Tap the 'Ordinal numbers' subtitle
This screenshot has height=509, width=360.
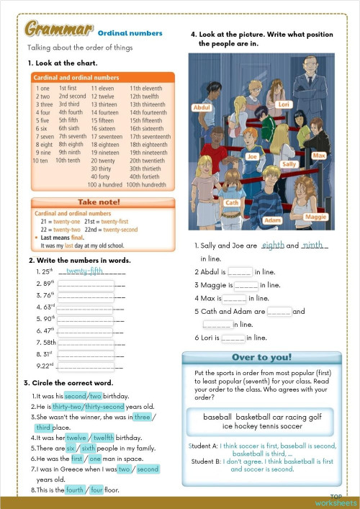(130, 33)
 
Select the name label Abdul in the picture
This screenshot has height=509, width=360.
(202, 107)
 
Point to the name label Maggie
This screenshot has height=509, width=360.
(315, 217)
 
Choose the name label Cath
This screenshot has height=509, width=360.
(231, 203)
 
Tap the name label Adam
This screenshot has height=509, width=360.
(272, 220)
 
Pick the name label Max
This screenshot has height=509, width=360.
(319, 156)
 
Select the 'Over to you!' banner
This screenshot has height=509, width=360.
(261, 357)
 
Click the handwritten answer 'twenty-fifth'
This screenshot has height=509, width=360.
(84, 271)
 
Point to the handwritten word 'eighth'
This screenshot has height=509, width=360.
(274, 246)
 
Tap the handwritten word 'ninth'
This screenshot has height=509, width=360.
(313, 246)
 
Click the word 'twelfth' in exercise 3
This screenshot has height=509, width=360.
(104, 437)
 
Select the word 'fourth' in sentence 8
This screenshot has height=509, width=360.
(75, 490)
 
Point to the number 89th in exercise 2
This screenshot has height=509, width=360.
(43, 284)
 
